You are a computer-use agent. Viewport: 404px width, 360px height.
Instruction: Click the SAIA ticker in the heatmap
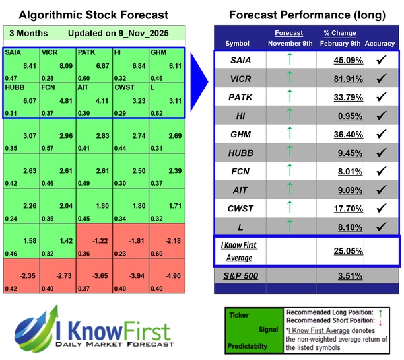12,52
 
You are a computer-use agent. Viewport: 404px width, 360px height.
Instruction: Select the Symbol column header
238,43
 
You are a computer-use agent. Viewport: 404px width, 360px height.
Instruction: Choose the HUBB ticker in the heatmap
14,87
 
